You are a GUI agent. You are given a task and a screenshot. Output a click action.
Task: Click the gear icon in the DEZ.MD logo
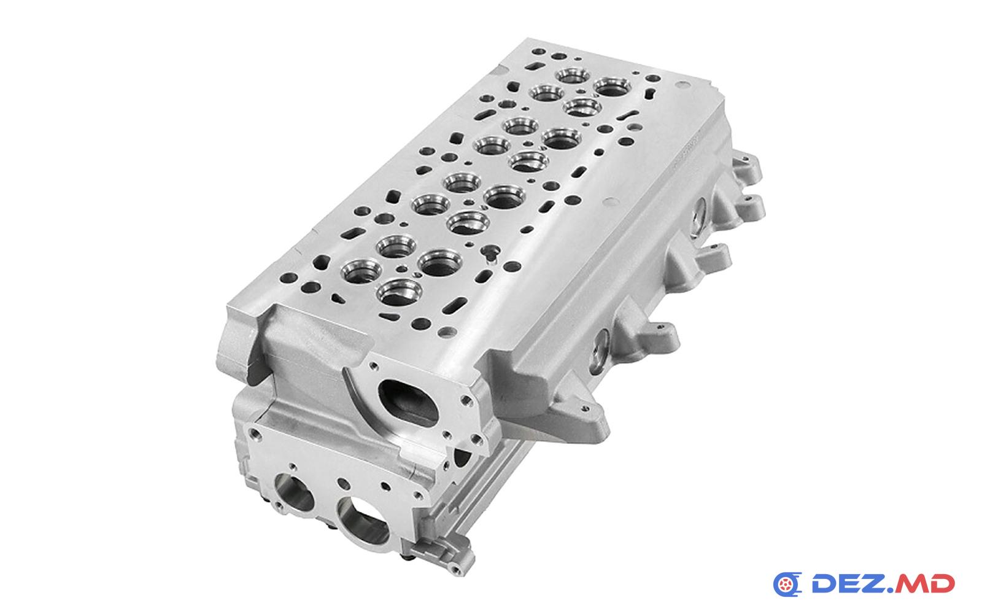[787, 584]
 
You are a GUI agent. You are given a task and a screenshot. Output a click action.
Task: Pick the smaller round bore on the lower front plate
[294, 494]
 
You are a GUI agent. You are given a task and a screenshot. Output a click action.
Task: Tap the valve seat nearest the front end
[400, 292]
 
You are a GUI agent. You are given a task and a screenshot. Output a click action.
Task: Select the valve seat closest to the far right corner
[613, 85]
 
